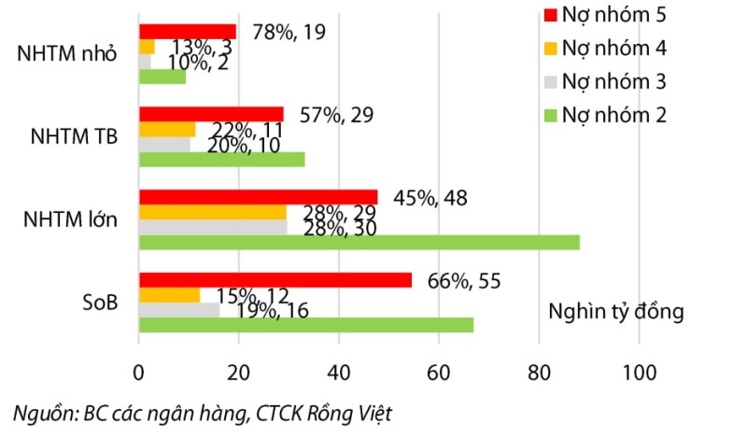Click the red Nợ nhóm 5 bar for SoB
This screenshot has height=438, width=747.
click(x=275, y=280)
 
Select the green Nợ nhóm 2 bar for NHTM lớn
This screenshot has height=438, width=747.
click(x=359, y=242)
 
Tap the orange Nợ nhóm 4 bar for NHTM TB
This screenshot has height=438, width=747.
click(x=167, y=129)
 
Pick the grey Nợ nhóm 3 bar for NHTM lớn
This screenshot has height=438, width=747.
click(x=213, y=227)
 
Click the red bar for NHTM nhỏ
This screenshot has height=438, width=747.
click(x=188, y=31)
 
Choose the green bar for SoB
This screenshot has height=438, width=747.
click(x=306, y=324)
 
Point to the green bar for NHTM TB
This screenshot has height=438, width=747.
click(x=222, y=160)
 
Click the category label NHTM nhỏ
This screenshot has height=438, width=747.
click(x=67, y=53)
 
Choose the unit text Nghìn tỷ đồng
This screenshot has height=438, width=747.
click(x=616, y=311)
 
